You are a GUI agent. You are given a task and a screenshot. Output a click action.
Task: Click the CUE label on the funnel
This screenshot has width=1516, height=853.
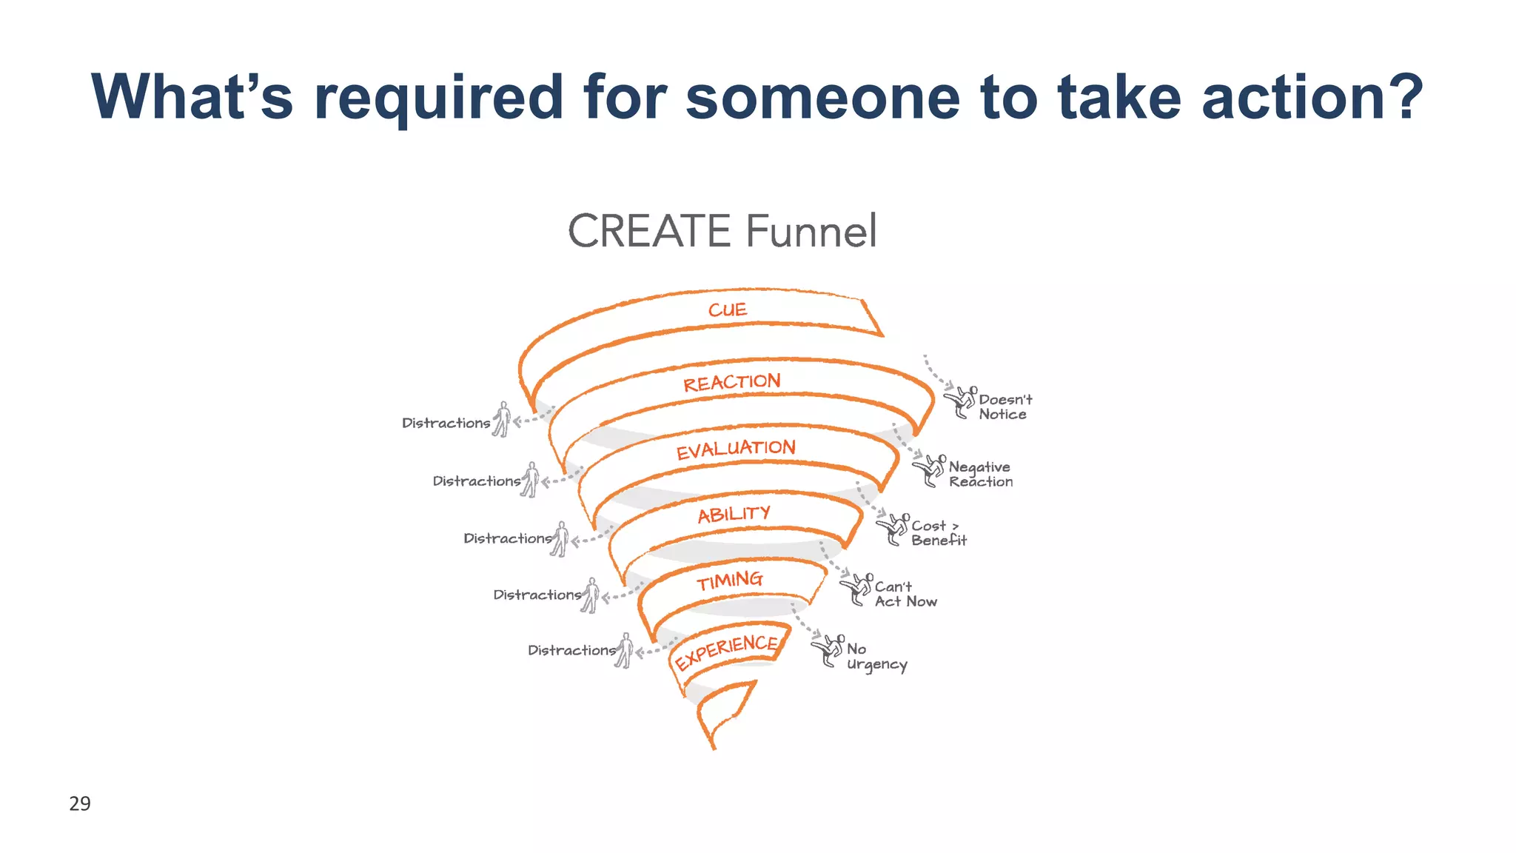point(728,310)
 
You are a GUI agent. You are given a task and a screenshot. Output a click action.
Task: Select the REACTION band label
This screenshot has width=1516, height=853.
point(731,382)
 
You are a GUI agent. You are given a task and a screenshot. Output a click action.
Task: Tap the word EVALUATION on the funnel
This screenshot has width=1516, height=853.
point(736,449)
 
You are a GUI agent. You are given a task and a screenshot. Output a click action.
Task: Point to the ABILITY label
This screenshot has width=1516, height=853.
point(734,514)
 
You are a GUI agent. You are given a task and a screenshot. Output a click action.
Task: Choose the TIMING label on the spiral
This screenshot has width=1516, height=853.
point(729,581)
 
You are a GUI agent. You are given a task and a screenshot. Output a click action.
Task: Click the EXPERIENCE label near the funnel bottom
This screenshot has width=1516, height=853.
point(726,652)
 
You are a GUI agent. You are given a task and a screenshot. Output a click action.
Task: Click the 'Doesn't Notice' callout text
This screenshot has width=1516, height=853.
point(1004,407)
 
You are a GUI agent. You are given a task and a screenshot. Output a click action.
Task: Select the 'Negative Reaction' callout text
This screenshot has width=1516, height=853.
point(980,475)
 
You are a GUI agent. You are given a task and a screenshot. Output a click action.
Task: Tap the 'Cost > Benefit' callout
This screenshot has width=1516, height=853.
point(938,533)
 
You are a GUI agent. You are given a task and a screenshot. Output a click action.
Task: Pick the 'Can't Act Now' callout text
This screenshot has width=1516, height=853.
point(905,595)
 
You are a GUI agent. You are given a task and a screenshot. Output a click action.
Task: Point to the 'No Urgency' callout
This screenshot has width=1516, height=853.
point(876,657)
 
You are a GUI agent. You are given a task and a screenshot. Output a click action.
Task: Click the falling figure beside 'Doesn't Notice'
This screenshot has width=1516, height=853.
point(961,402)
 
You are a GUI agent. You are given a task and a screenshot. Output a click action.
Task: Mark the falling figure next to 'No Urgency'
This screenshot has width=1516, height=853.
point(828,651)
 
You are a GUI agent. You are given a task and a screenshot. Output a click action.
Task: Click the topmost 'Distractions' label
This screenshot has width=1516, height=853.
point(446,423)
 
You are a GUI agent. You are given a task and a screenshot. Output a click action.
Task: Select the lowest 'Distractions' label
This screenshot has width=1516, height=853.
point(571,650)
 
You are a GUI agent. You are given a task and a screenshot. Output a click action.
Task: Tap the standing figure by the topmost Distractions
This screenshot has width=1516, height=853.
point(503,419)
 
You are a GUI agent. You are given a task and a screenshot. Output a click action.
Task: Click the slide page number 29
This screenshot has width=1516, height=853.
point(80,803)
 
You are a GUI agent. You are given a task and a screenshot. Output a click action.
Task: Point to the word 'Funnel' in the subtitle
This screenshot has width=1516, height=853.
point(811,231)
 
